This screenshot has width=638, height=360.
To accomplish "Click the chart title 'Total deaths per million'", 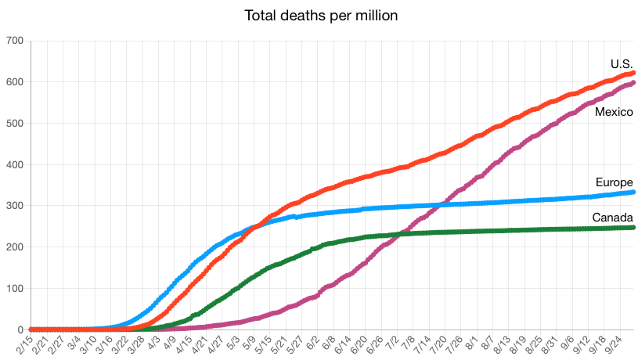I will pos(319,16).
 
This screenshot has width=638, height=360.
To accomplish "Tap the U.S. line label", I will pos(622,63).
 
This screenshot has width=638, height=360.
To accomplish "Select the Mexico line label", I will pos(614,112).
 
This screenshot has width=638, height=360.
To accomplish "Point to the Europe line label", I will pos(614,182).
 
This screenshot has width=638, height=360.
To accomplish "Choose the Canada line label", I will pos(612,217).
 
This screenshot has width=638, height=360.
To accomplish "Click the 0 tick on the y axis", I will pos(20,329).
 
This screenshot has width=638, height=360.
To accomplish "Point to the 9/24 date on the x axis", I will pos(615,344).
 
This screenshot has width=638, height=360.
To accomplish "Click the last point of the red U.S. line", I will pos(633,73).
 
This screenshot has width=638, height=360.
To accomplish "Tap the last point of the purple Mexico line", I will pos(633,82).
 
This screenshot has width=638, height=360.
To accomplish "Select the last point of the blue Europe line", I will pos(633,192).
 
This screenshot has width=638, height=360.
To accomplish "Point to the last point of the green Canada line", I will pos(633,227).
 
